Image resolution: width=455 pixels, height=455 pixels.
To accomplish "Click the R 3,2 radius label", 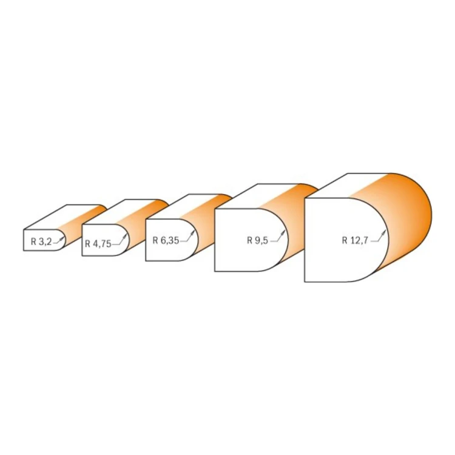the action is click(x=41, y=241).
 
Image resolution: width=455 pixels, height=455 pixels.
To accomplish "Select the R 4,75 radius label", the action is click(x=98, y=244).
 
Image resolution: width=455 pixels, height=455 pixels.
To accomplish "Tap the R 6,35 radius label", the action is click(x=166, y=240).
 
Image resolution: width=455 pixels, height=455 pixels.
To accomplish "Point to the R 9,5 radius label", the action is click(x=257, y=240).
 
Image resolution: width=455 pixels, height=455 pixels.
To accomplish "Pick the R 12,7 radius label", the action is click(x=355, y=240).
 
